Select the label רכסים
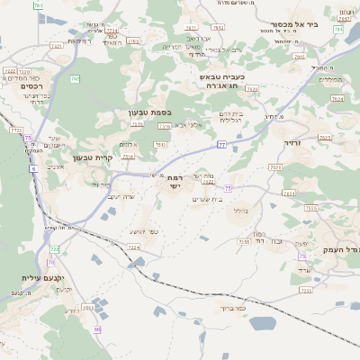[x=20, y=86]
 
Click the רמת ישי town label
[x=174, y=182]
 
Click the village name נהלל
[x=238, y=211]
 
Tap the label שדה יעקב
[x=121, y=196]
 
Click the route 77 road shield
[x=220, y=144]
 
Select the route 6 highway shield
[x=32, y=168]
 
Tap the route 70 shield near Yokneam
[x=52, y=262]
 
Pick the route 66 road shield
[x=97, y=329]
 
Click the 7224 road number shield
[x=133, y=247]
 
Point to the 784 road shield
[x=337, y=30]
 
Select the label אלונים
[x=129, y=145]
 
